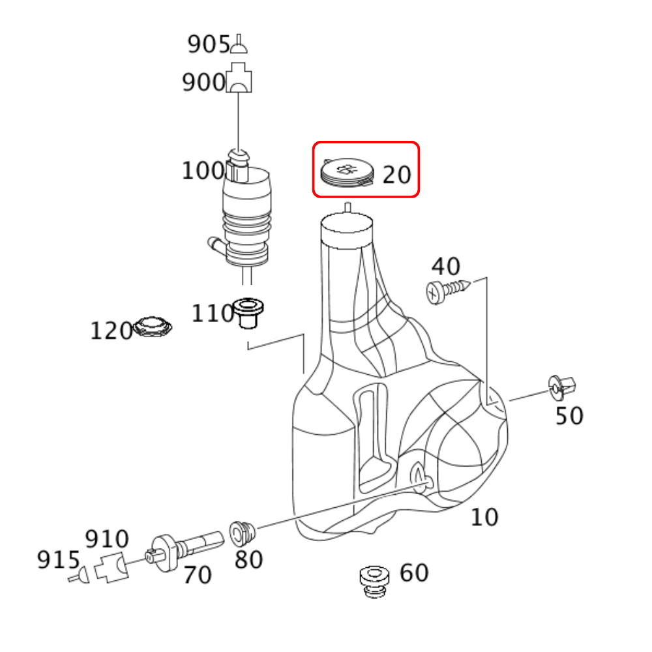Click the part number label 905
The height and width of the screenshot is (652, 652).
[x=209, y=44]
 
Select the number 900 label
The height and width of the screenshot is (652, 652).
[x=203, y=82]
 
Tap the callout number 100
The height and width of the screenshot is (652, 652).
[x=203, y=170]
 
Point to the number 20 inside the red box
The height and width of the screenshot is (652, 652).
[x=396, y=175]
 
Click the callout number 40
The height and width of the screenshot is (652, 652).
[x=446, y=266]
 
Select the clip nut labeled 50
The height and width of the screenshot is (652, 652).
[x=562, y=387]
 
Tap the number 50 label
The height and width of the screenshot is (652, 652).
[x=569, y=415]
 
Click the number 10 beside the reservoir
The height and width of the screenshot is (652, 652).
[x=484, y=517]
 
